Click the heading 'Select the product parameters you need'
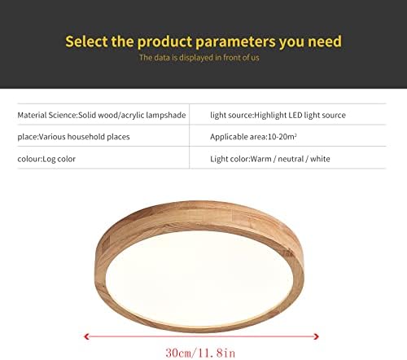click(x=203, y=41)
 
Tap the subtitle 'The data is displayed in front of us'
click(x=203, y=58)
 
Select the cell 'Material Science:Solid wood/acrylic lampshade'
click(x=102, y=116)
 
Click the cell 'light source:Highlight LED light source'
click(x=278, y=116)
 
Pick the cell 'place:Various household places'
click(x=74, y=137)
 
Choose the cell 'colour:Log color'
click(x=46, y=159)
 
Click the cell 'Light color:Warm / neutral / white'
click(x=270, y=159)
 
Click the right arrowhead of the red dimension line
click(x=318, y=333)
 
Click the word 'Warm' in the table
click(x=261, y=159)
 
